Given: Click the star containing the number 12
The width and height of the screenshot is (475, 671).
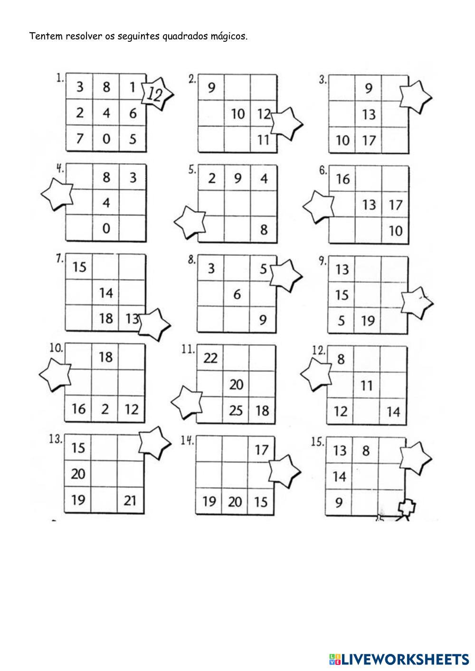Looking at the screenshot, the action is pyautogui.click(x=156, y=94).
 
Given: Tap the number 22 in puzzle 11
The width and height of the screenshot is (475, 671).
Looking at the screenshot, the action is pyautogui.click(x=210, y=358).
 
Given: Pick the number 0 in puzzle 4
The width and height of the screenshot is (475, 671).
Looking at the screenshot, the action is pyautogui.click(x=106, y=229).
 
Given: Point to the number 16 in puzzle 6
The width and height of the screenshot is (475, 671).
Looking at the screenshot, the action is pyautogui.click(x=342, y=179).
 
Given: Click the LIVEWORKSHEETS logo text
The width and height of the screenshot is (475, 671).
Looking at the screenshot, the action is pyautogui.click(x=405, y=659).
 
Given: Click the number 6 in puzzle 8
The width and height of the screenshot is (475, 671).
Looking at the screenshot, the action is pyautogui.click(x=237, y=295).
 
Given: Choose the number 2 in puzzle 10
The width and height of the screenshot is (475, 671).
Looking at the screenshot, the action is pyautogui.click(x=105, y=409).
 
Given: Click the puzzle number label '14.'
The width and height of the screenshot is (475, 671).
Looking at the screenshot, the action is pyautogui.click(x=187, y=440).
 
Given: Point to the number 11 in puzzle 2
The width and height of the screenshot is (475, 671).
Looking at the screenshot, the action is pyautogui.click(x=263, y=140).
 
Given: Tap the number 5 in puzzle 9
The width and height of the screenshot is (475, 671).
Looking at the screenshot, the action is pyautogui.click(x=342, y=321).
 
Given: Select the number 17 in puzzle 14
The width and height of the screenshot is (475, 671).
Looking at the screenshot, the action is pyautogui.click(x=261, y=449).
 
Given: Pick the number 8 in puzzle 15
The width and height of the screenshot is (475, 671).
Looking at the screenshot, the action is pyautogui.click(x=365, y=450).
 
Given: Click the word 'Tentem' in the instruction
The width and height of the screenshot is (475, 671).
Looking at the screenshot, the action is pyautogui.click(x=45, y=37).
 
